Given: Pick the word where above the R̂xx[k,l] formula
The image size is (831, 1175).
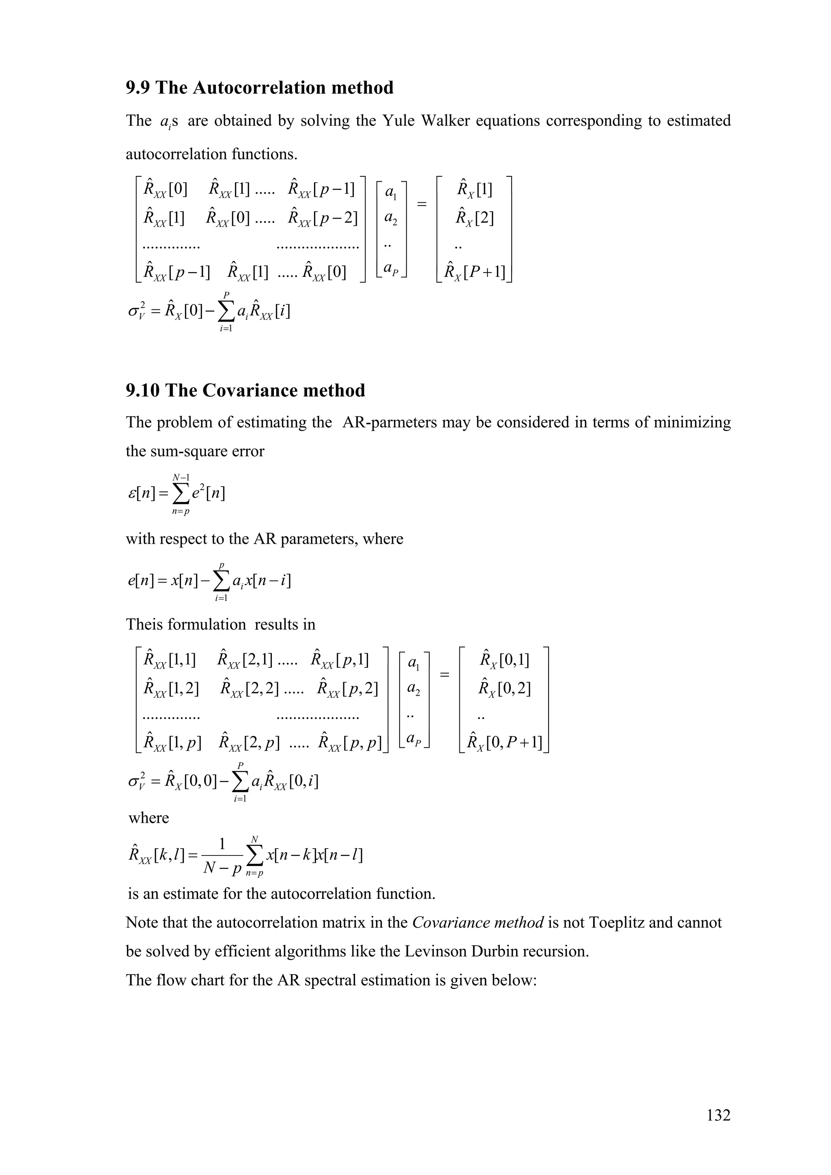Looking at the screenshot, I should tap(149, 817).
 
